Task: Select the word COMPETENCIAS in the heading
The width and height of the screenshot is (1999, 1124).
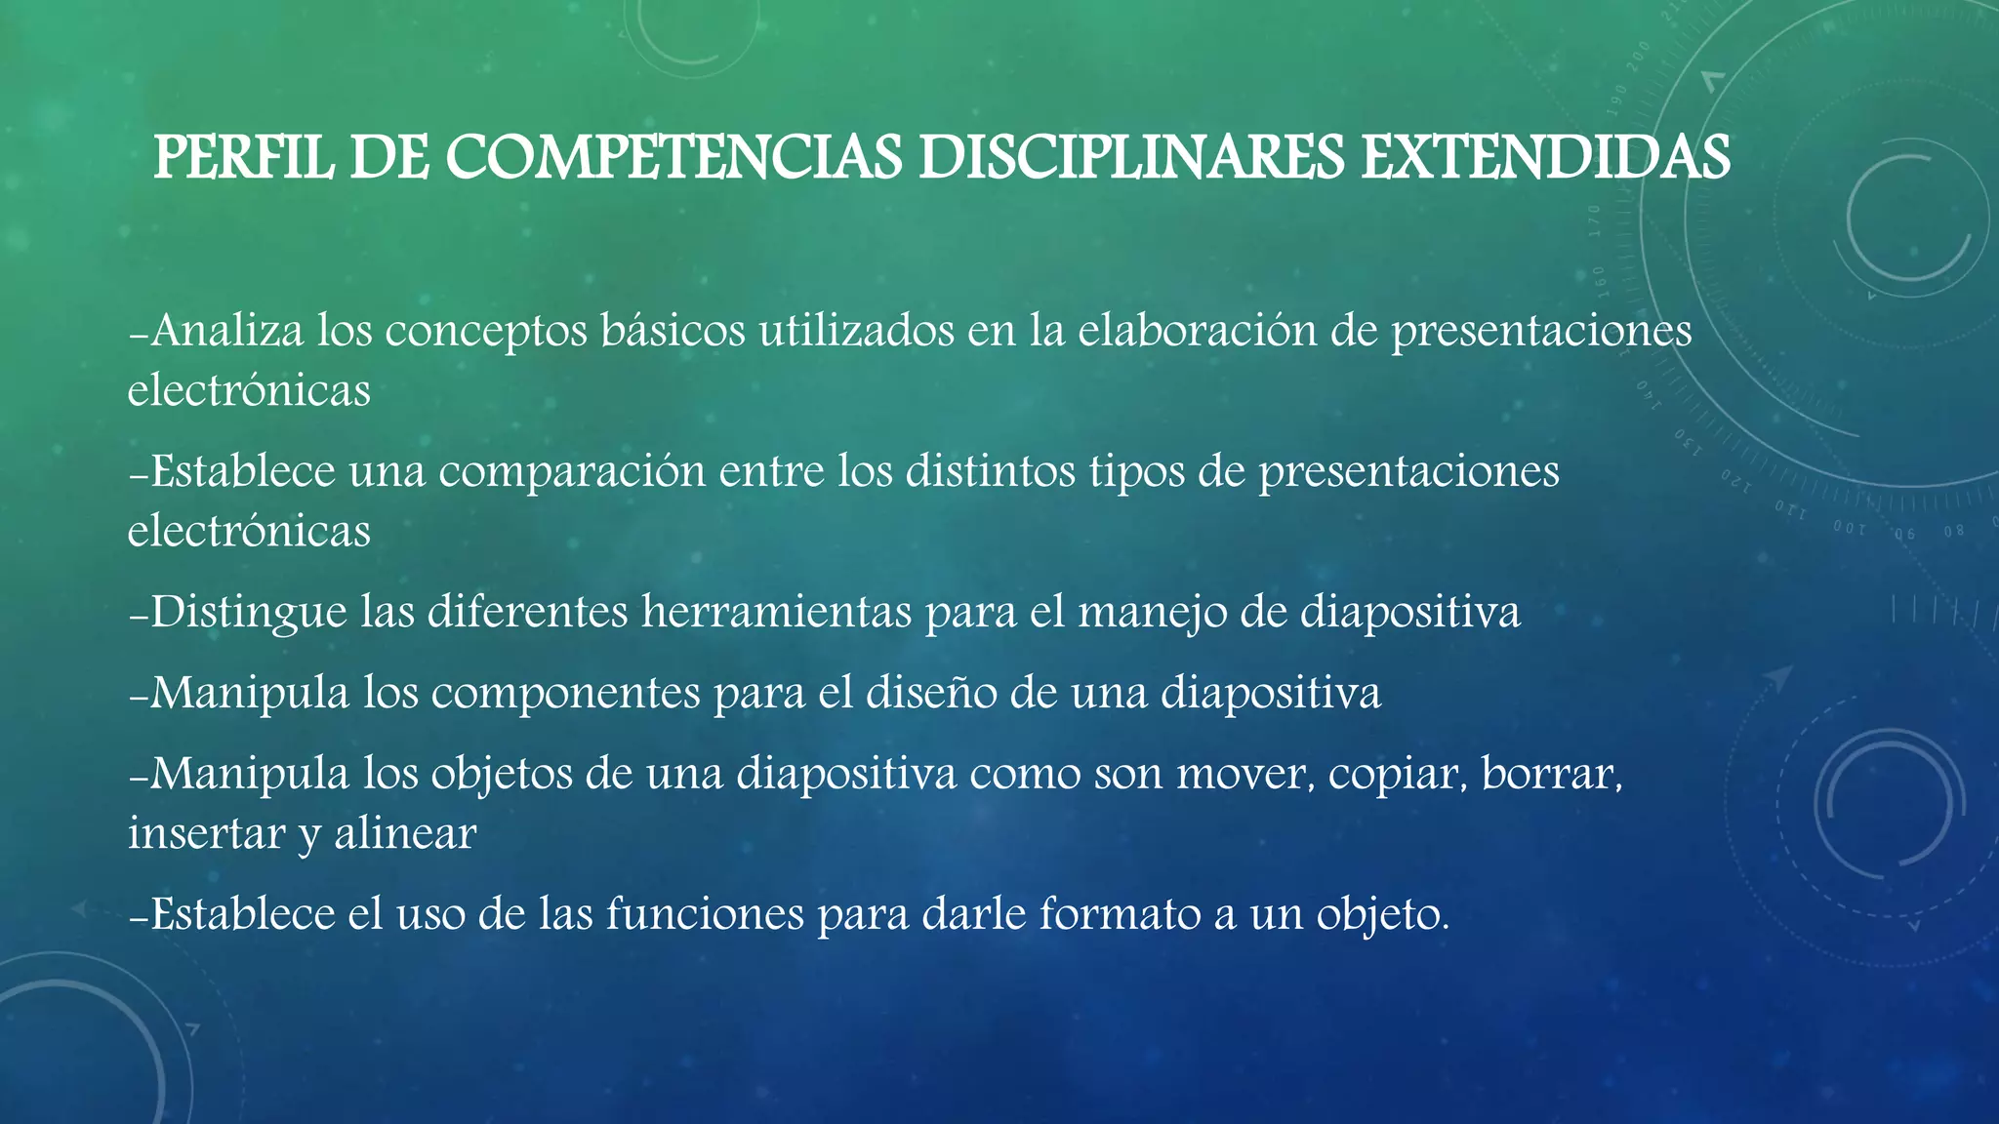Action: (x=674, y=157)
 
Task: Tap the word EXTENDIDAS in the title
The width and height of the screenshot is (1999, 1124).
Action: (x=1545, y=157)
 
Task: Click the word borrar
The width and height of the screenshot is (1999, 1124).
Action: (x=1551, y=774)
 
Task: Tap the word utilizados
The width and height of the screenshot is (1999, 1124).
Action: (x=857, y=331)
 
